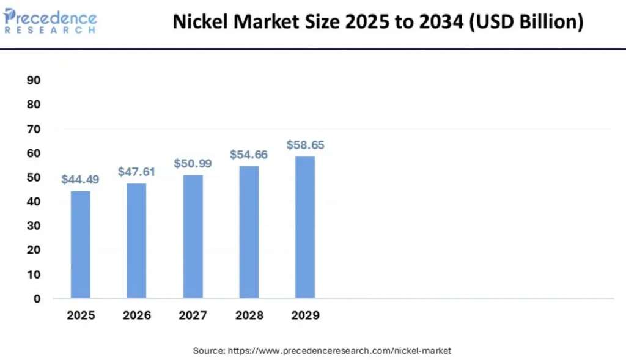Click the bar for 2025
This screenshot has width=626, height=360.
tap(80, 244)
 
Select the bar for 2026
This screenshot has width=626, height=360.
tap(136, 241)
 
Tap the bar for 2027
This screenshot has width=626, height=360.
tap(193, 237)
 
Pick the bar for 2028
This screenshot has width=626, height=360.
tap(249, 232)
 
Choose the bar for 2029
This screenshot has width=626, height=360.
tap(305, 227)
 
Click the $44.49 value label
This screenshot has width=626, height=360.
tap(80, 180)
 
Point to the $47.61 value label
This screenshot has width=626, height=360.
tap(136, 172)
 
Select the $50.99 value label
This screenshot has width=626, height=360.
tap(193, 163)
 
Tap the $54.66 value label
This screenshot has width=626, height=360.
tap(249, 155)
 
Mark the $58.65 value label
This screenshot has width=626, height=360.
tap(305, 145)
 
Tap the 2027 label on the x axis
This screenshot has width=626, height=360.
tap(193, 316)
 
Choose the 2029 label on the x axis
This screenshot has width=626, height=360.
tap(305, 316)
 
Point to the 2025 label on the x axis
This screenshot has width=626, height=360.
tap(80, 316)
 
